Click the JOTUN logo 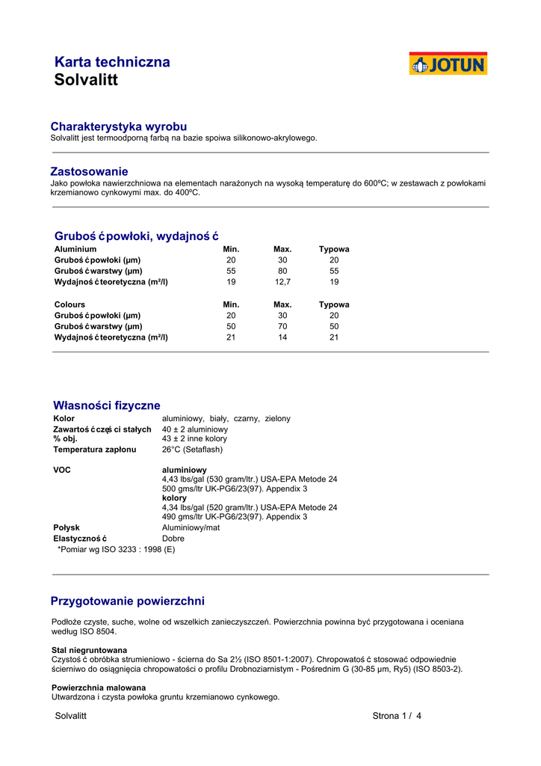tap(448, 64)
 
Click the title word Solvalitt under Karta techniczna tap(86, 81)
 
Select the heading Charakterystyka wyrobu tap(118, 126)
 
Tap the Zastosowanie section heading tap(89, 171)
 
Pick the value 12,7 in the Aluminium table tap(282, 282)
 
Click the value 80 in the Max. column tap(282, 271)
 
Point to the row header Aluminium tap(75, 249)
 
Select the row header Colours tap(69, 304)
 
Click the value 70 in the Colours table tap(282, 326)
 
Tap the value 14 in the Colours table tap(282, 337)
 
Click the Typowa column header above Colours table tap(334, 304)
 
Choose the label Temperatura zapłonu tap(95, 450)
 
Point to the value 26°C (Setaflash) tap(192, 450)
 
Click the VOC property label tap(61, 470)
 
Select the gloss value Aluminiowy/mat tap(191, 527)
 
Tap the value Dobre tap(173, 538)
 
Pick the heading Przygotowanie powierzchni tap(127, 601)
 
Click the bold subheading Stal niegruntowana tap(89, 649)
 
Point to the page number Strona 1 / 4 tap(397, 716)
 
